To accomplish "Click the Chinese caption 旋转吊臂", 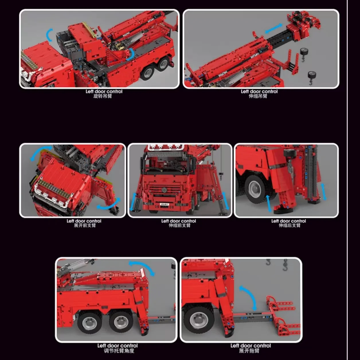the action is click(x=103, y=96).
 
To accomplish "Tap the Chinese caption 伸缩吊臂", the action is click(x=258, y=96).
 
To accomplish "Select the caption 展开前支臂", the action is click(x=85, y=225).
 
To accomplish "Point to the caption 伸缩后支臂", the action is click(x=289, y=225).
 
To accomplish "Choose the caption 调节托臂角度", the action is click(x=119, y=351).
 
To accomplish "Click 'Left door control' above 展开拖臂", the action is click(x=251, y=346).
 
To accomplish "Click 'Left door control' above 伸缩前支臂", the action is click(x=179, y=221).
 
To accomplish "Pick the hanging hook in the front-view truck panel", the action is click(x=221, y=176).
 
